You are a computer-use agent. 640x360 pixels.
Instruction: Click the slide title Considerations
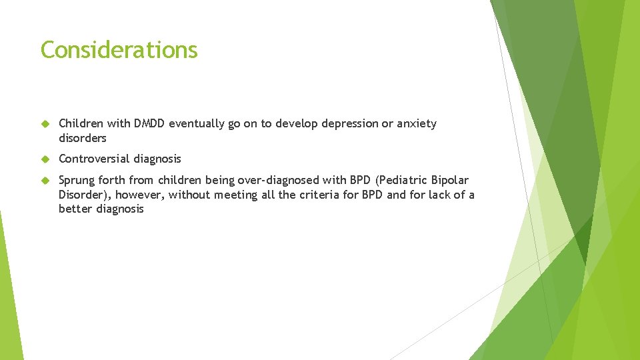[119, 50]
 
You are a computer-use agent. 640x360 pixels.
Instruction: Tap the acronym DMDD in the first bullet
[149, 123]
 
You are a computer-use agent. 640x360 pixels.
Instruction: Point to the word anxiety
[416, 123]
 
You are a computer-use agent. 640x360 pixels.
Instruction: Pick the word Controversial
[94, 159]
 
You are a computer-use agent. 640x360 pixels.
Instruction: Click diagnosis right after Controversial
[157, 159]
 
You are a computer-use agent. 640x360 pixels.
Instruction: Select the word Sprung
[77, 180]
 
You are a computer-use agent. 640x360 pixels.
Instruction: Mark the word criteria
[314, 195]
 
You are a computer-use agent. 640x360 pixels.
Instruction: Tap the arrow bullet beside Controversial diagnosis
[45, 159]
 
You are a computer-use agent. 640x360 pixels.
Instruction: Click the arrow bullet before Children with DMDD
[45, 124]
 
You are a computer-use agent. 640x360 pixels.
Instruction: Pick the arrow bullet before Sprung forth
[45, 181]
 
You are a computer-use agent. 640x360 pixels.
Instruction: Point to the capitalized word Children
[81, 123]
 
